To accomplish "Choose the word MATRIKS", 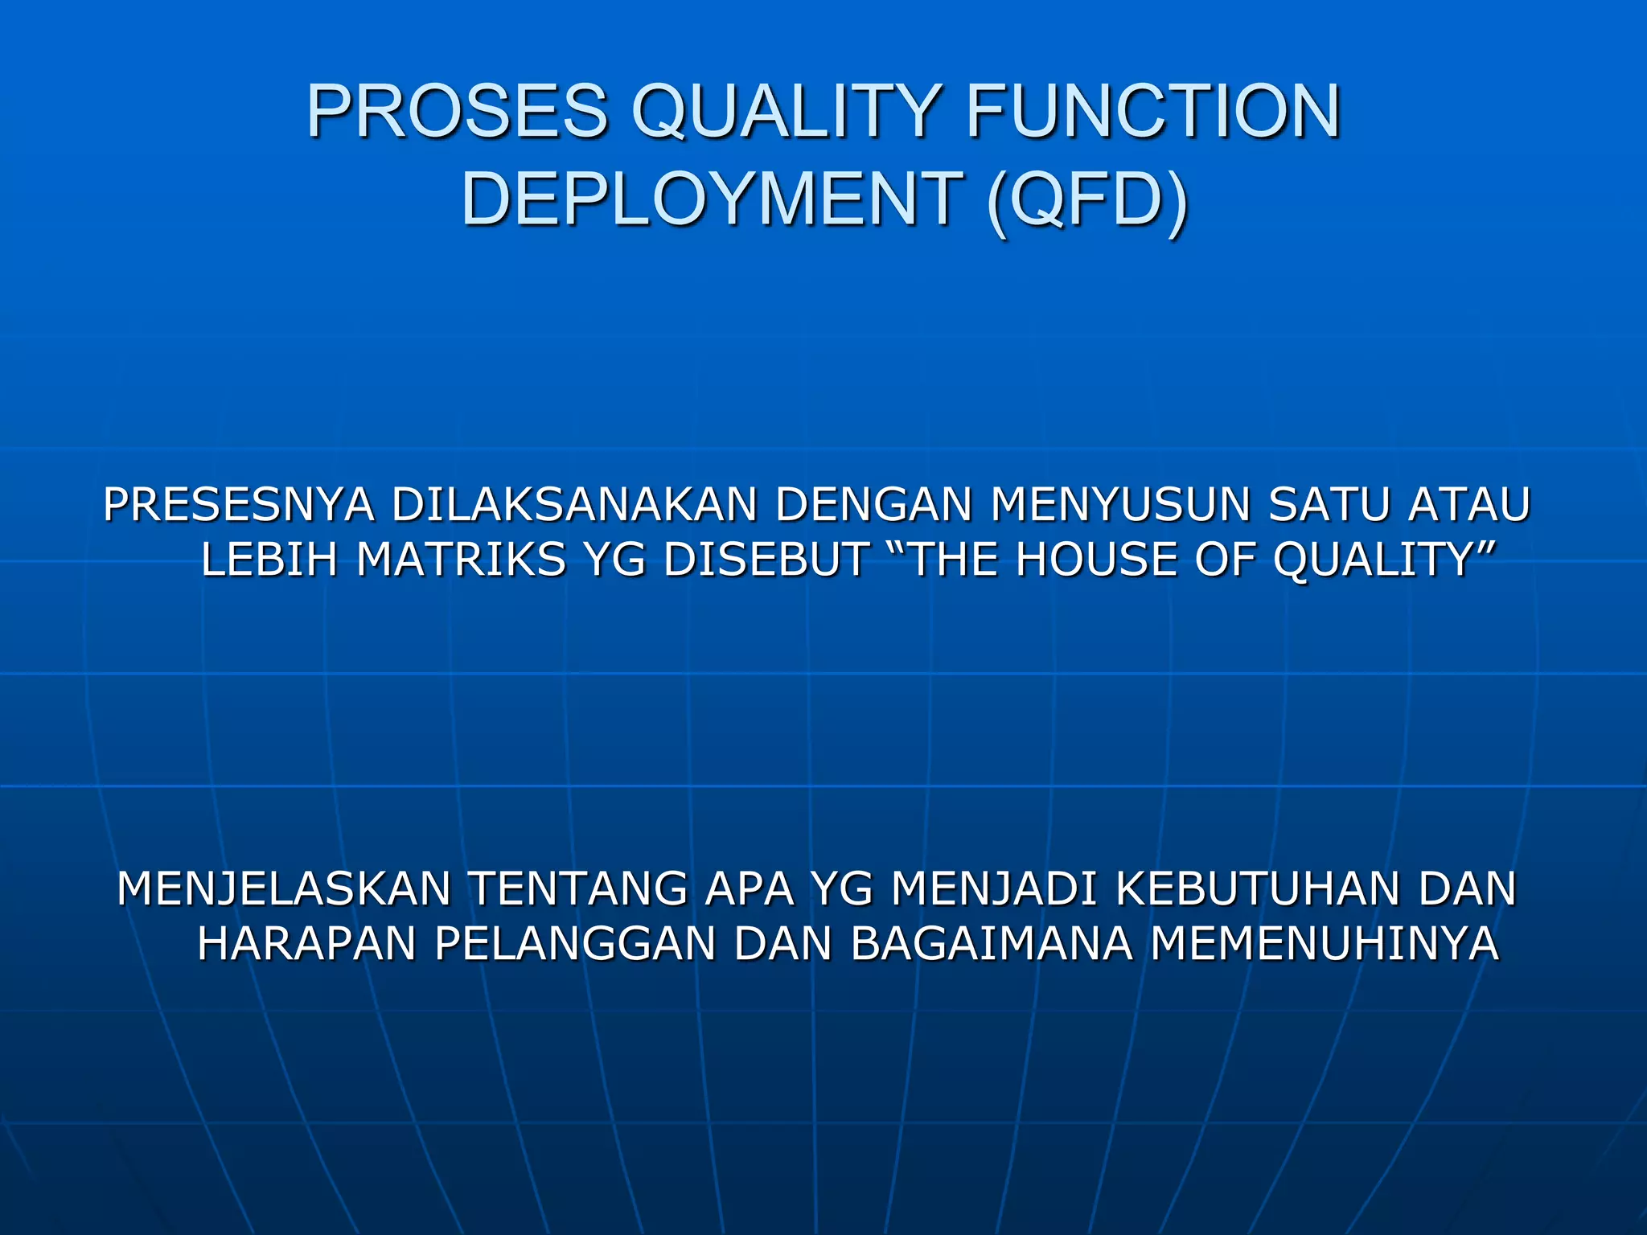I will pos(462,560).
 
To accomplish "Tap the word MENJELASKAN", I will pos(284,889).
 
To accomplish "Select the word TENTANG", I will pos(577,889).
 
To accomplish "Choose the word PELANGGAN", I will pos(575,944).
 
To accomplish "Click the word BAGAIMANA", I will pos(991,944).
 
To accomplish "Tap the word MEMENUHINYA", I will pos(1325,944).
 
